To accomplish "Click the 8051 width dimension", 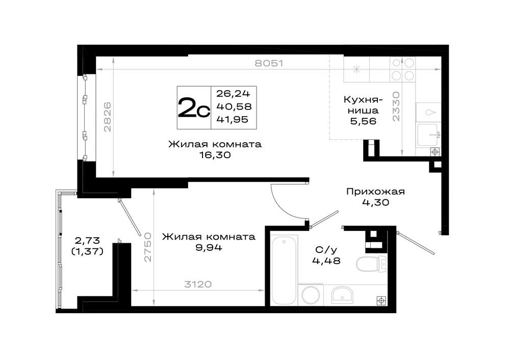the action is tap(269, 63).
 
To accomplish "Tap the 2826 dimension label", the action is tap(107, 117).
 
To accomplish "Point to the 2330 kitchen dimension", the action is tap(396, 107).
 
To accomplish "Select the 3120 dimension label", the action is tap(198, 285).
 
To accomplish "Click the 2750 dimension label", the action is tap(148, 247).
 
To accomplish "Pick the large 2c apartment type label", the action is tap(193, 108).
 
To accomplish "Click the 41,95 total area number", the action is tap(232, 119).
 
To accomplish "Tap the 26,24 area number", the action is tap(233, 94).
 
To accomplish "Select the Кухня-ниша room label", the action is tap(363, 105).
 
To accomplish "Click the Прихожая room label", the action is tap(375, 192).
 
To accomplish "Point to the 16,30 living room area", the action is tap(215, 155).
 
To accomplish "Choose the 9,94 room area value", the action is tap(209, 248).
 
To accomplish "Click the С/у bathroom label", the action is tap(326, 250).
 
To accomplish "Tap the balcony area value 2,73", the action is tap(87, 241).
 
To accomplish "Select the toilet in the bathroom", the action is tap(371, 264).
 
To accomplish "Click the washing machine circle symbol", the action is tap(311, 295).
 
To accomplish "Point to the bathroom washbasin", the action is tap(342, 295).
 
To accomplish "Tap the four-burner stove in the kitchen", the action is tap(403, 69).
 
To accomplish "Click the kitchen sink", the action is tap(428, 135).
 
